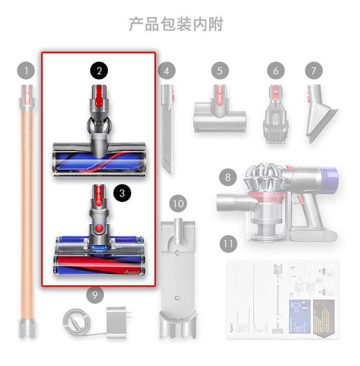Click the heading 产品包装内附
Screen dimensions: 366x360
(x=176, y=24)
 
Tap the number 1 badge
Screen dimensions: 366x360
(x=25, y=70)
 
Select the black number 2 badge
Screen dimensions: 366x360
(x=99, y=71)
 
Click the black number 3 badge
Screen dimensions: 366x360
(x=122, y=193)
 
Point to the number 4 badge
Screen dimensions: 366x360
(x=166, y=70)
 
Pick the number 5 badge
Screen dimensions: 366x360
(x=220, y=70)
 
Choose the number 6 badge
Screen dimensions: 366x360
(x=275, y=70)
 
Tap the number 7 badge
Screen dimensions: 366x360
(x=314, y=70)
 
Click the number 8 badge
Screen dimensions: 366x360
(x=228, y=177)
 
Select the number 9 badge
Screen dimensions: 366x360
(x=95, y=295)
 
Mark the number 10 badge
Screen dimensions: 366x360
(x=179, y=203)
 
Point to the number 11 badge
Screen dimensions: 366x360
(x=228, y=244)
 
